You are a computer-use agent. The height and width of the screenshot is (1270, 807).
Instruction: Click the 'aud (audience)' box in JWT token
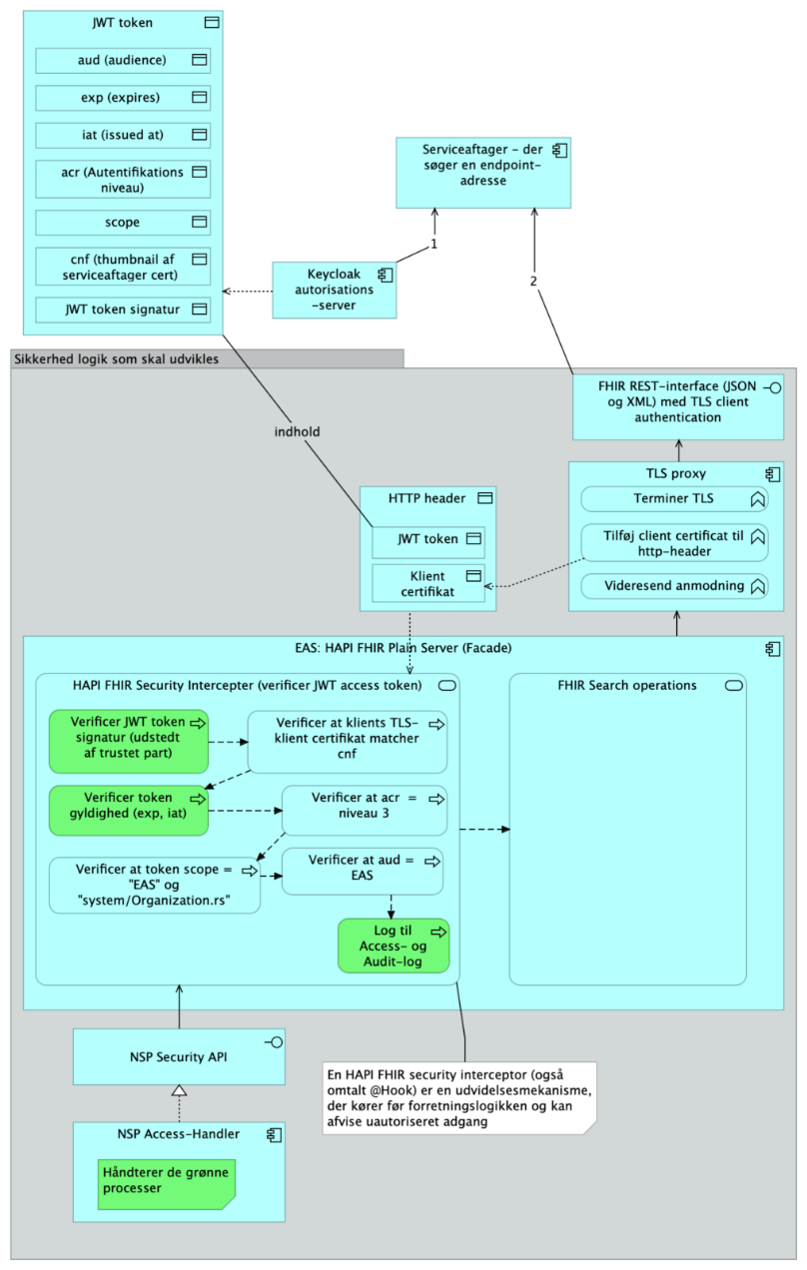click(123, 60)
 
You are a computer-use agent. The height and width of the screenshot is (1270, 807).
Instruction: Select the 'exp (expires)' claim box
click(123, 97)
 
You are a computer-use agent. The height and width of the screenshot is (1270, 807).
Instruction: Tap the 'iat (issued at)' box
click(123, 134)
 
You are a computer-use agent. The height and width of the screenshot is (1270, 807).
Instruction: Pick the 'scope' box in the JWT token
click(123, 222)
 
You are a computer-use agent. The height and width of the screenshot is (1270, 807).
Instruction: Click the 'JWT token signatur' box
click(123, 310)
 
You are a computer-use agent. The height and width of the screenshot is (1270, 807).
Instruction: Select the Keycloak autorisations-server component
click(333, 290)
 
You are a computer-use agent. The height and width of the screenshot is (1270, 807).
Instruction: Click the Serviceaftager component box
click(482, 172)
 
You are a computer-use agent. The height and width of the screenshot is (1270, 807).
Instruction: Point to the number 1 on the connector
click(434, 244)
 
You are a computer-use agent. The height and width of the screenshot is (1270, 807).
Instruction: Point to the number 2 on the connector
click(533, 281)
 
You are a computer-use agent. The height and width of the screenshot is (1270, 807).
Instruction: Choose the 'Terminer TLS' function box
click(674, 498)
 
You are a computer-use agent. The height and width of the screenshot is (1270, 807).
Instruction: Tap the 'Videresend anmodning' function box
click(674, 586)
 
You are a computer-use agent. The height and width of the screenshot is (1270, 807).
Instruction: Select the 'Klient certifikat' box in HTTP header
click(428, 583)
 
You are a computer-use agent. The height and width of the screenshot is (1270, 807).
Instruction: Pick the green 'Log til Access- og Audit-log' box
click(394, 946)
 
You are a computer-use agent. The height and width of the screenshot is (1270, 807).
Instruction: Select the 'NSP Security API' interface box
click(179, 1056)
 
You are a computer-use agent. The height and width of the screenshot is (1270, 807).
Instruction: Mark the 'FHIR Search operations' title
click(627, 686)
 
